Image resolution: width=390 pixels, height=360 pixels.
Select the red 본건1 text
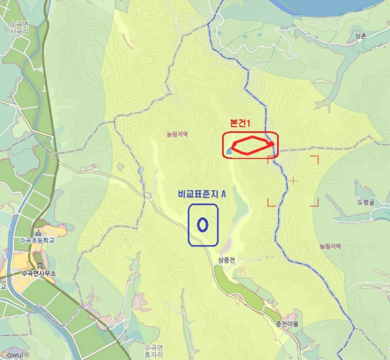click(x=242, y=123)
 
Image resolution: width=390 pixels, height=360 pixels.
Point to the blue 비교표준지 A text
click(x=202, y=193)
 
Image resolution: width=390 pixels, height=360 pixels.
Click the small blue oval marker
click(x=203, y=224)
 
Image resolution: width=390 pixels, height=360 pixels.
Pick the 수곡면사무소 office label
click(x=40, y=273)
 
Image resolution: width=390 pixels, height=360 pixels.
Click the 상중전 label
click(x=227, y=260)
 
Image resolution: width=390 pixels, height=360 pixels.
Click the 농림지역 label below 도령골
click(x=330, y=246)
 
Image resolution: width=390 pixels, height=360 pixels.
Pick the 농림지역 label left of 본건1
click(x=177, y=134)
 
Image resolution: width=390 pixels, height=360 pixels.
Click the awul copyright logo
click(x=13, y=354)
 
